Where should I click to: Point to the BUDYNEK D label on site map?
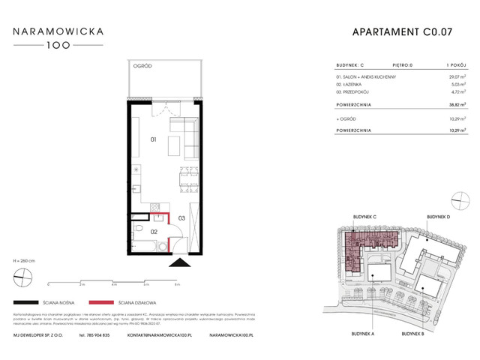click(437, 217)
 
